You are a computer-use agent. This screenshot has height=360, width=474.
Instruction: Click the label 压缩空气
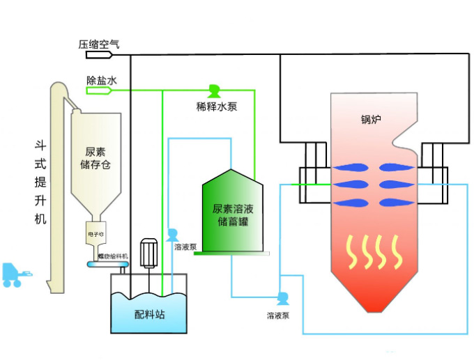pos(100,45)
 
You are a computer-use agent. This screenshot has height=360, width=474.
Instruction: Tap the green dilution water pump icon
pos(213,91)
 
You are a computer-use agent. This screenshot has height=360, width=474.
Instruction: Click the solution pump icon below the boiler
pos(282,299)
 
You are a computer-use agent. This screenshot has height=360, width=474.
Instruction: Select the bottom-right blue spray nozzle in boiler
pos(394,203)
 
